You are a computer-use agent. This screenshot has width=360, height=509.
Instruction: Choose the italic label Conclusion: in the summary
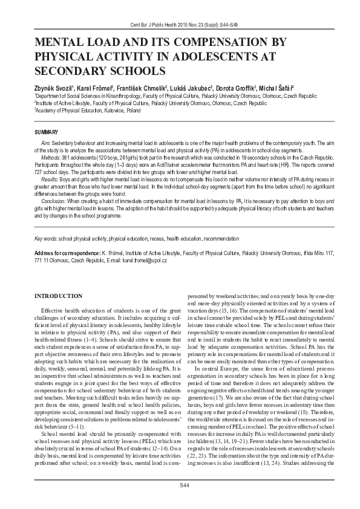coord(54,200)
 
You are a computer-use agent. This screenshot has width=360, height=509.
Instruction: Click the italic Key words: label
coord(46,239)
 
